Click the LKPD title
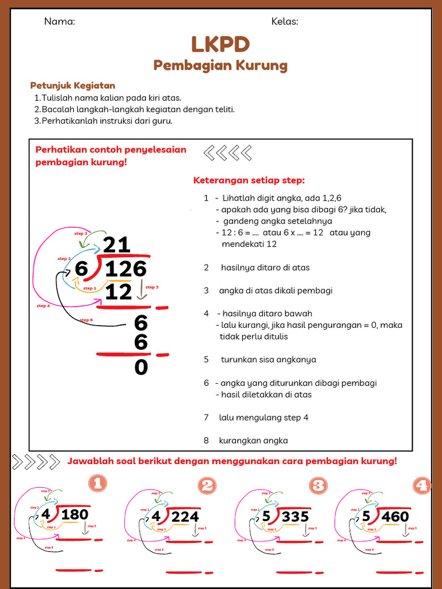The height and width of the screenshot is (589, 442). tap(221, 44)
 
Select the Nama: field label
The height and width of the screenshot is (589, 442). tap(60, 22)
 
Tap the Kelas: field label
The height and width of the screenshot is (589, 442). tap(285, 22)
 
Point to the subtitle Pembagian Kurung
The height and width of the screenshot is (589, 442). tap(220, 65)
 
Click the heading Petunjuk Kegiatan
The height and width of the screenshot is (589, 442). tap(73, 86)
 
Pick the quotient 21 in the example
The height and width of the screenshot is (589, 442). tap(117, 244)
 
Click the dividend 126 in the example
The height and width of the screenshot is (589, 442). tap(126, 269)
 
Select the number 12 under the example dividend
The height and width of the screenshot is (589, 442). tap(119, 292)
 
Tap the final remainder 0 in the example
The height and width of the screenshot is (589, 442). tap(141, 368)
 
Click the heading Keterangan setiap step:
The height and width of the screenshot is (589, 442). tap(249, 181)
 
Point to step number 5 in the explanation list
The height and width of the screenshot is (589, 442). tap(206, 359)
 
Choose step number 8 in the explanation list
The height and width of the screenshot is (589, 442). tap(206, 441)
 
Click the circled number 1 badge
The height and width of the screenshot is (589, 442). tap(97, 484)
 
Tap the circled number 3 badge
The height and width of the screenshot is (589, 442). tap(318, 485)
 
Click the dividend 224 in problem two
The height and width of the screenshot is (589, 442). tap(185, 517)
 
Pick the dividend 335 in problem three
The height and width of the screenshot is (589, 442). tap(295, 517)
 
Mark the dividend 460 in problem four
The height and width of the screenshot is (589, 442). tap(395, 517)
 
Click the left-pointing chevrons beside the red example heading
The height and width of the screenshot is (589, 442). tap(228, 153)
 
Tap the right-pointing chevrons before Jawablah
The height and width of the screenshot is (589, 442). tap(36, 462)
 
